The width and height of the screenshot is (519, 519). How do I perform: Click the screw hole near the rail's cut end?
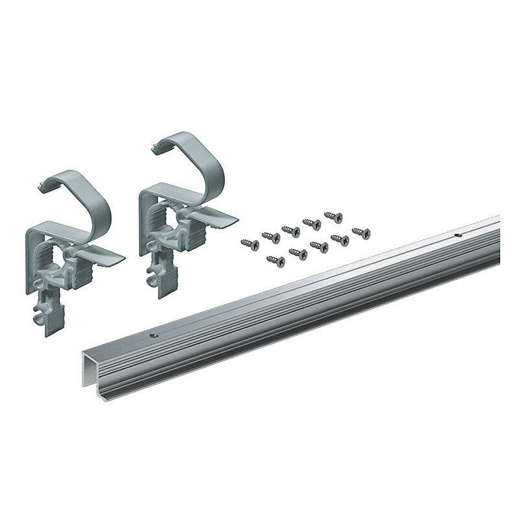154,334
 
